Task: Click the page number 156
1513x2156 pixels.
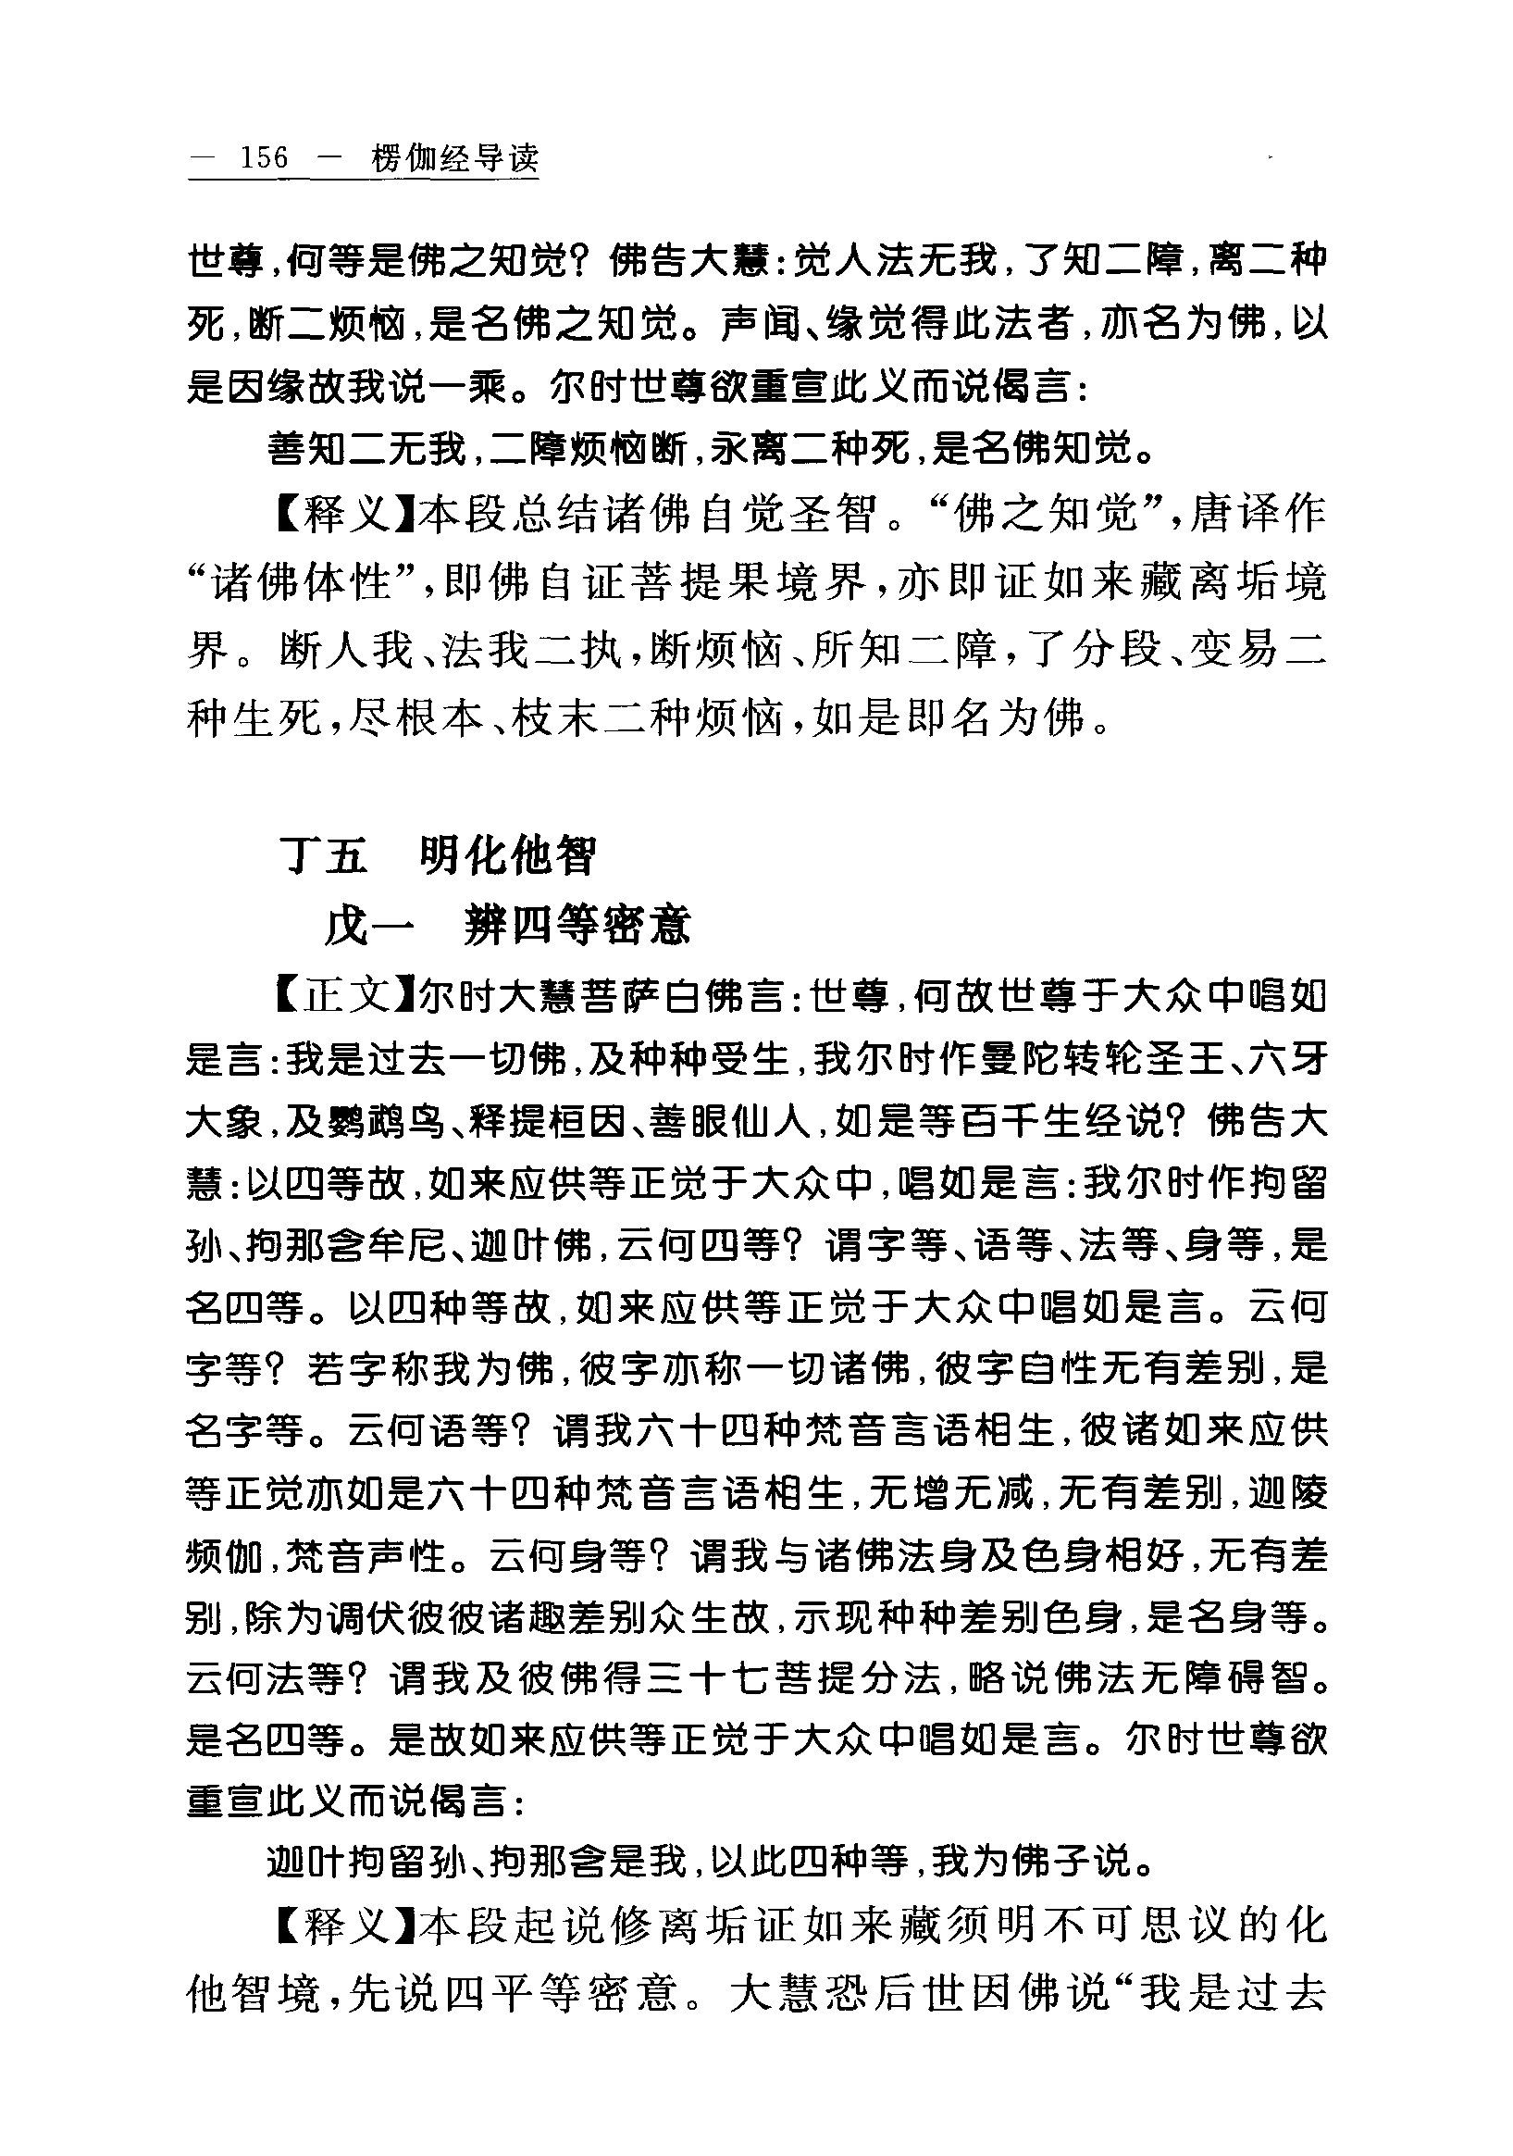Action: coord(264,157)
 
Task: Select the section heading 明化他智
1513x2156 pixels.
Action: coord(508,855)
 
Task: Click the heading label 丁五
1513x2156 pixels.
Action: coord(324,855)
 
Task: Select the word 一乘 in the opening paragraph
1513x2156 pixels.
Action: coord(469,387)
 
